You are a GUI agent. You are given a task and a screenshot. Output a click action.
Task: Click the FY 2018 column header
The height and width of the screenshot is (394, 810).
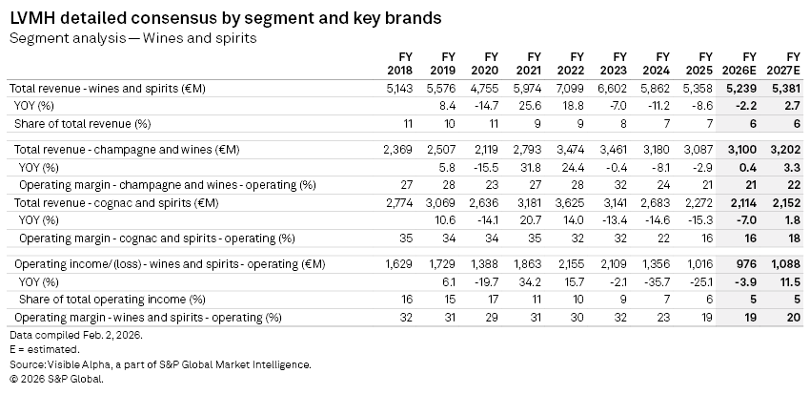point(400,64)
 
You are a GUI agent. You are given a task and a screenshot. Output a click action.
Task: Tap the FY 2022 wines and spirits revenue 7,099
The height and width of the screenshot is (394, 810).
point(572,88)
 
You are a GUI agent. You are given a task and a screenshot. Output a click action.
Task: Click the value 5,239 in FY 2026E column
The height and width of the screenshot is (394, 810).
point(743,88)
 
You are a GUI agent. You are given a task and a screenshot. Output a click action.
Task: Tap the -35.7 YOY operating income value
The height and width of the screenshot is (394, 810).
point(658,281)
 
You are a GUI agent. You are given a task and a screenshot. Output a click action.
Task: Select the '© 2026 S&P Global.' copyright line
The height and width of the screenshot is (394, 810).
point(55,379)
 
